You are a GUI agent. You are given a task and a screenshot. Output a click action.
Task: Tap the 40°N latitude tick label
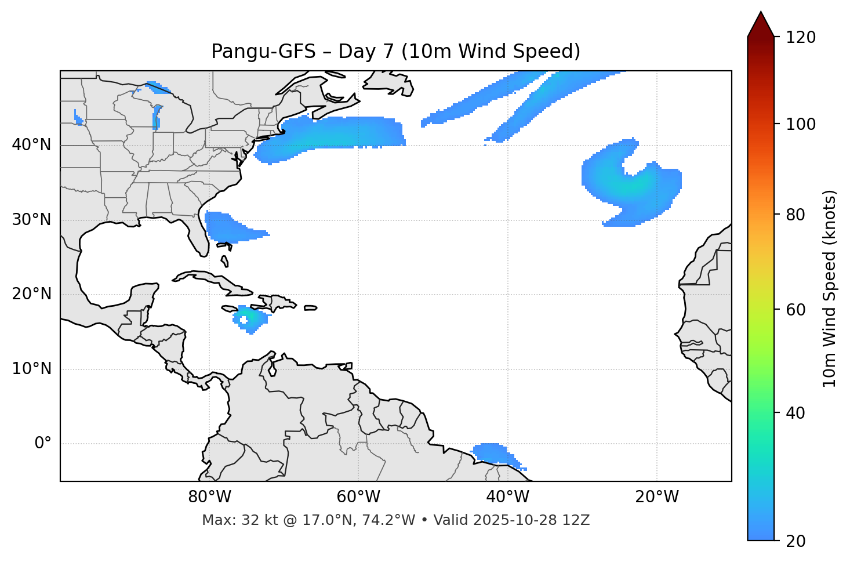tap(31, 145)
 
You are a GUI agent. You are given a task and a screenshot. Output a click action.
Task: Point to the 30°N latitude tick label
tap(31, 220)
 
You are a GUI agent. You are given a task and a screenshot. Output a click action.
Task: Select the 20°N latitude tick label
tap(31, 294)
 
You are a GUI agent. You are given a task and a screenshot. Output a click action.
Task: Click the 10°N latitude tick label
tap(31, 369)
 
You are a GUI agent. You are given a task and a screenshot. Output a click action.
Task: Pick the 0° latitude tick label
tap(43, 444)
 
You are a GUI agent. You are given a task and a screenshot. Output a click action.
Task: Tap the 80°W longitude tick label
tap(209, 497)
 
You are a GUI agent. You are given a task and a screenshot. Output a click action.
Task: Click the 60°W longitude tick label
tap(358, 497)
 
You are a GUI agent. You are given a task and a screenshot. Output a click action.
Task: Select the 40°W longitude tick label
tap(507, 497)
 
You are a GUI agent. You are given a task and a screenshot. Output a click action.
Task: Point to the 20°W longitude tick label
tap(656, 497)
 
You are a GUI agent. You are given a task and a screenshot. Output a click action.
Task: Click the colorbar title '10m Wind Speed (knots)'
tap(830, 288)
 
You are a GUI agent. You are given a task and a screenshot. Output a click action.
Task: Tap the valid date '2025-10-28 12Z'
tap(531, 520)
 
